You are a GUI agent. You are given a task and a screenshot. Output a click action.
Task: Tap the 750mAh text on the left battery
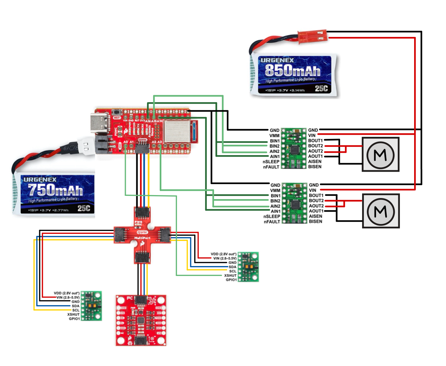(x=55, y=190)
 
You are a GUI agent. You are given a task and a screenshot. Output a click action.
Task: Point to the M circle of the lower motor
(x=380, y=211)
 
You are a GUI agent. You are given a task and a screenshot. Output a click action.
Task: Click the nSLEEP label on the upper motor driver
(x=271, y=162)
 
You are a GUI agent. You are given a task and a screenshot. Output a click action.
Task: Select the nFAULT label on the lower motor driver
(x=272, y=222)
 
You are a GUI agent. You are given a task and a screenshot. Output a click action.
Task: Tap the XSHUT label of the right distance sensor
(x=230, y=276)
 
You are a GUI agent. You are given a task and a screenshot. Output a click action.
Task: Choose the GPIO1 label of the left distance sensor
(x=74, y=319)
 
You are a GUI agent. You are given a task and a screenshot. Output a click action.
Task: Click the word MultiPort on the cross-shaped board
(x=142, y=238)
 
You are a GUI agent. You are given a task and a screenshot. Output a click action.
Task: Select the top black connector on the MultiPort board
(x=142, y=212)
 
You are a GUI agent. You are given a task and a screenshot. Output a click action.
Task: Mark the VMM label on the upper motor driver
(x=274, y=136)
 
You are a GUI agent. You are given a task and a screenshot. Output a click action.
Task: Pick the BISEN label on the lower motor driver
(x=315, y=221)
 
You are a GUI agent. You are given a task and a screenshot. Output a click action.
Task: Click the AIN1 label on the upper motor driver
(x=274, y=157)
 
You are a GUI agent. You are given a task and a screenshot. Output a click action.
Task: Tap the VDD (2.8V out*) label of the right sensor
(x=224, y=254)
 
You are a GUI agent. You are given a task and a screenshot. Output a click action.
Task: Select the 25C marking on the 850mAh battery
(x=321, y=89)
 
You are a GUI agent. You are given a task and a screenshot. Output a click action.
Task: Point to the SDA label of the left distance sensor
(x=75, y=306)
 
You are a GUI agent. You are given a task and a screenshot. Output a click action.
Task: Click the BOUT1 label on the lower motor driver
(x=316, y=195)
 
